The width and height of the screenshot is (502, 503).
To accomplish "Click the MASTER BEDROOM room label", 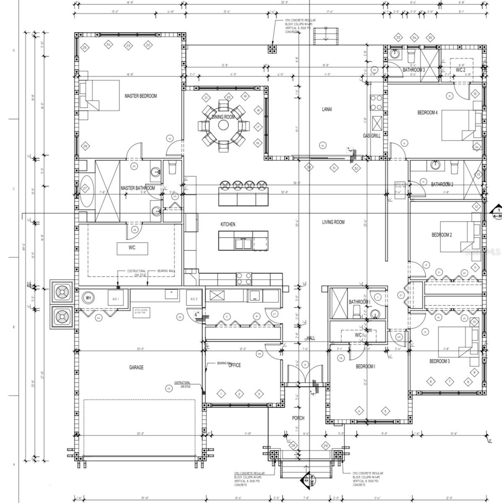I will tap(140, 96).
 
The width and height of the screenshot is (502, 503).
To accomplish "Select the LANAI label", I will tap(327, 109).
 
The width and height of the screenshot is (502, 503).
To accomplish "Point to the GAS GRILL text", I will tap(372, 136).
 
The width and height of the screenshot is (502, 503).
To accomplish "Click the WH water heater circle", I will tap(88, 298).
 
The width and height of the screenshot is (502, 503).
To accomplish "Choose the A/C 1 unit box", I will tap(115, 298).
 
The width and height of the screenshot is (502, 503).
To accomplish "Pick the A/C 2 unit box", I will tap(194, 298).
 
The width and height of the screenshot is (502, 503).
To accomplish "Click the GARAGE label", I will tap(136, 368).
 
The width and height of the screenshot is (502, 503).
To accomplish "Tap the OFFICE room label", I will tap(235, 365).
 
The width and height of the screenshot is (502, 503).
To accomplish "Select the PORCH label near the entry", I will tap(298, 418).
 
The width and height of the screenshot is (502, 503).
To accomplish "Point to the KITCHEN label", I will tap(228, 225).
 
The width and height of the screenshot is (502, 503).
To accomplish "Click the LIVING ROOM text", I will tap(333, 222).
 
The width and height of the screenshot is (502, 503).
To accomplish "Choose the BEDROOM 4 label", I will tap(427, 112).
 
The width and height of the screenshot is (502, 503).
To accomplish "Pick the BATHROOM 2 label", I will tap(442, 184).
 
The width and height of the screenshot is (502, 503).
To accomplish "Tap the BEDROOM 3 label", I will tap(439, 361).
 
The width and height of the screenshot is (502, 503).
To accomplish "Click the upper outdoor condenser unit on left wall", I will tap(62, 291).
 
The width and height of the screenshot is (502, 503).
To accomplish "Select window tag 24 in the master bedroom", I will tap(108, 44).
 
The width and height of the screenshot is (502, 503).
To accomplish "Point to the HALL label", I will tap(311, 338).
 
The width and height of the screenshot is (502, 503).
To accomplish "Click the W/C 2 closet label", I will tap(460, 70).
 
